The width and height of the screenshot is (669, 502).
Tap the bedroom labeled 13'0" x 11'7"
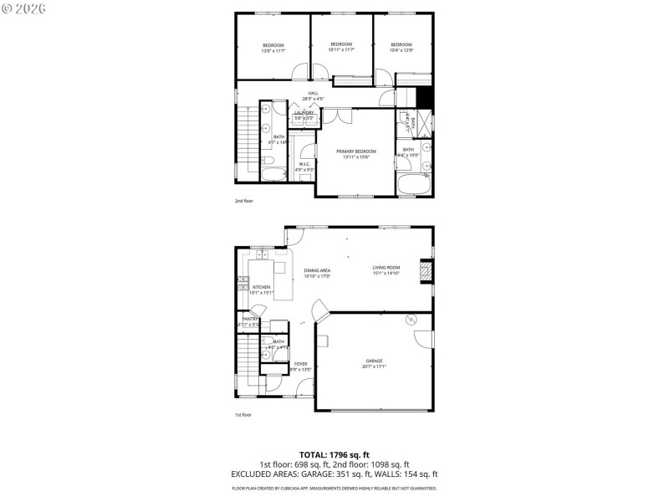273,48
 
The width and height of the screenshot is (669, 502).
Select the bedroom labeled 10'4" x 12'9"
401,47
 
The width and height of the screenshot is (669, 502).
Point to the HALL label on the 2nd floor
313,95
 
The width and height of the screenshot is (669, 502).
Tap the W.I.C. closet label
303,166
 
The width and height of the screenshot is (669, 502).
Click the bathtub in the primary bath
414,185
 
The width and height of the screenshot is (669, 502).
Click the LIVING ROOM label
386,270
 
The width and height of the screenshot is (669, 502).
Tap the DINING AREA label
317,273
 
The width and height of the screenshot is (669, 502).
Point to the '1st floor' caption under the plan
243,414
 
